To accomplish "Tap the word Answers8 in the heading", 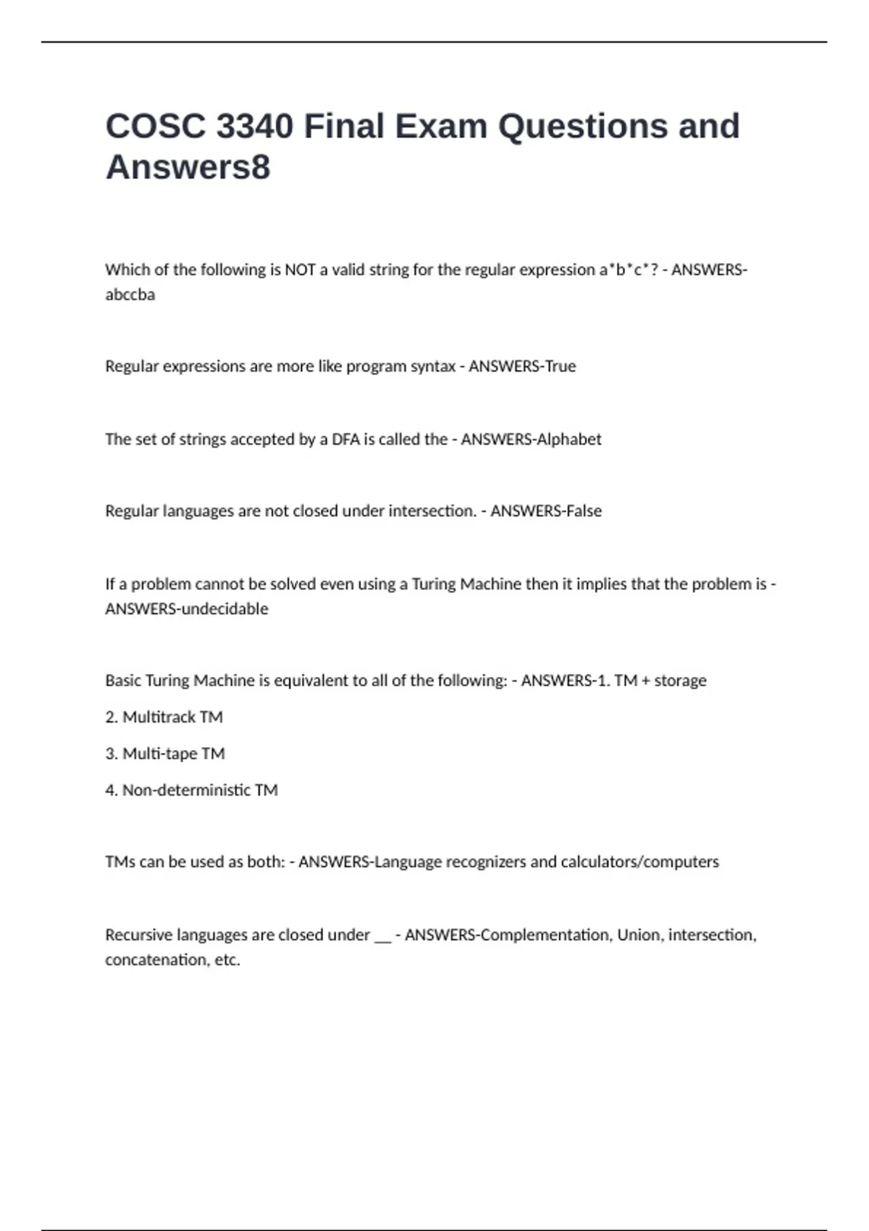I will pyautogui.click(x=188, y=167).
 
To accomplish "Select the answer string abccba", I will pyautogui.click(x=130, y=295).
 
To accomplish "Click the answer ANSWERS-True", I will pyautogui.click(x=522, y=366).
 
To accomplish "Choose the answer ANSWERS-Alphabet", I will pyautogui.click(x=531, y=440).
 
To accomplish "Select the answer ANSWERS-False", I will pyautogui.click(x=546, y=511).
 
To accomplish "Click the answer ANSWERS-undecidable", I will pyautogui.click(x=186, y=609).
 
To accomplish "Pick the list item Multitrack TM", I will pyautogui.click(x=172, y=717).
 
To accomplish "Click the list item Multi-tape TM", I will pyautogui.click(x=174, y=754).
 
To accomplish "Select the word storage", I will pyautogui.click(x=680, y=681).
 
